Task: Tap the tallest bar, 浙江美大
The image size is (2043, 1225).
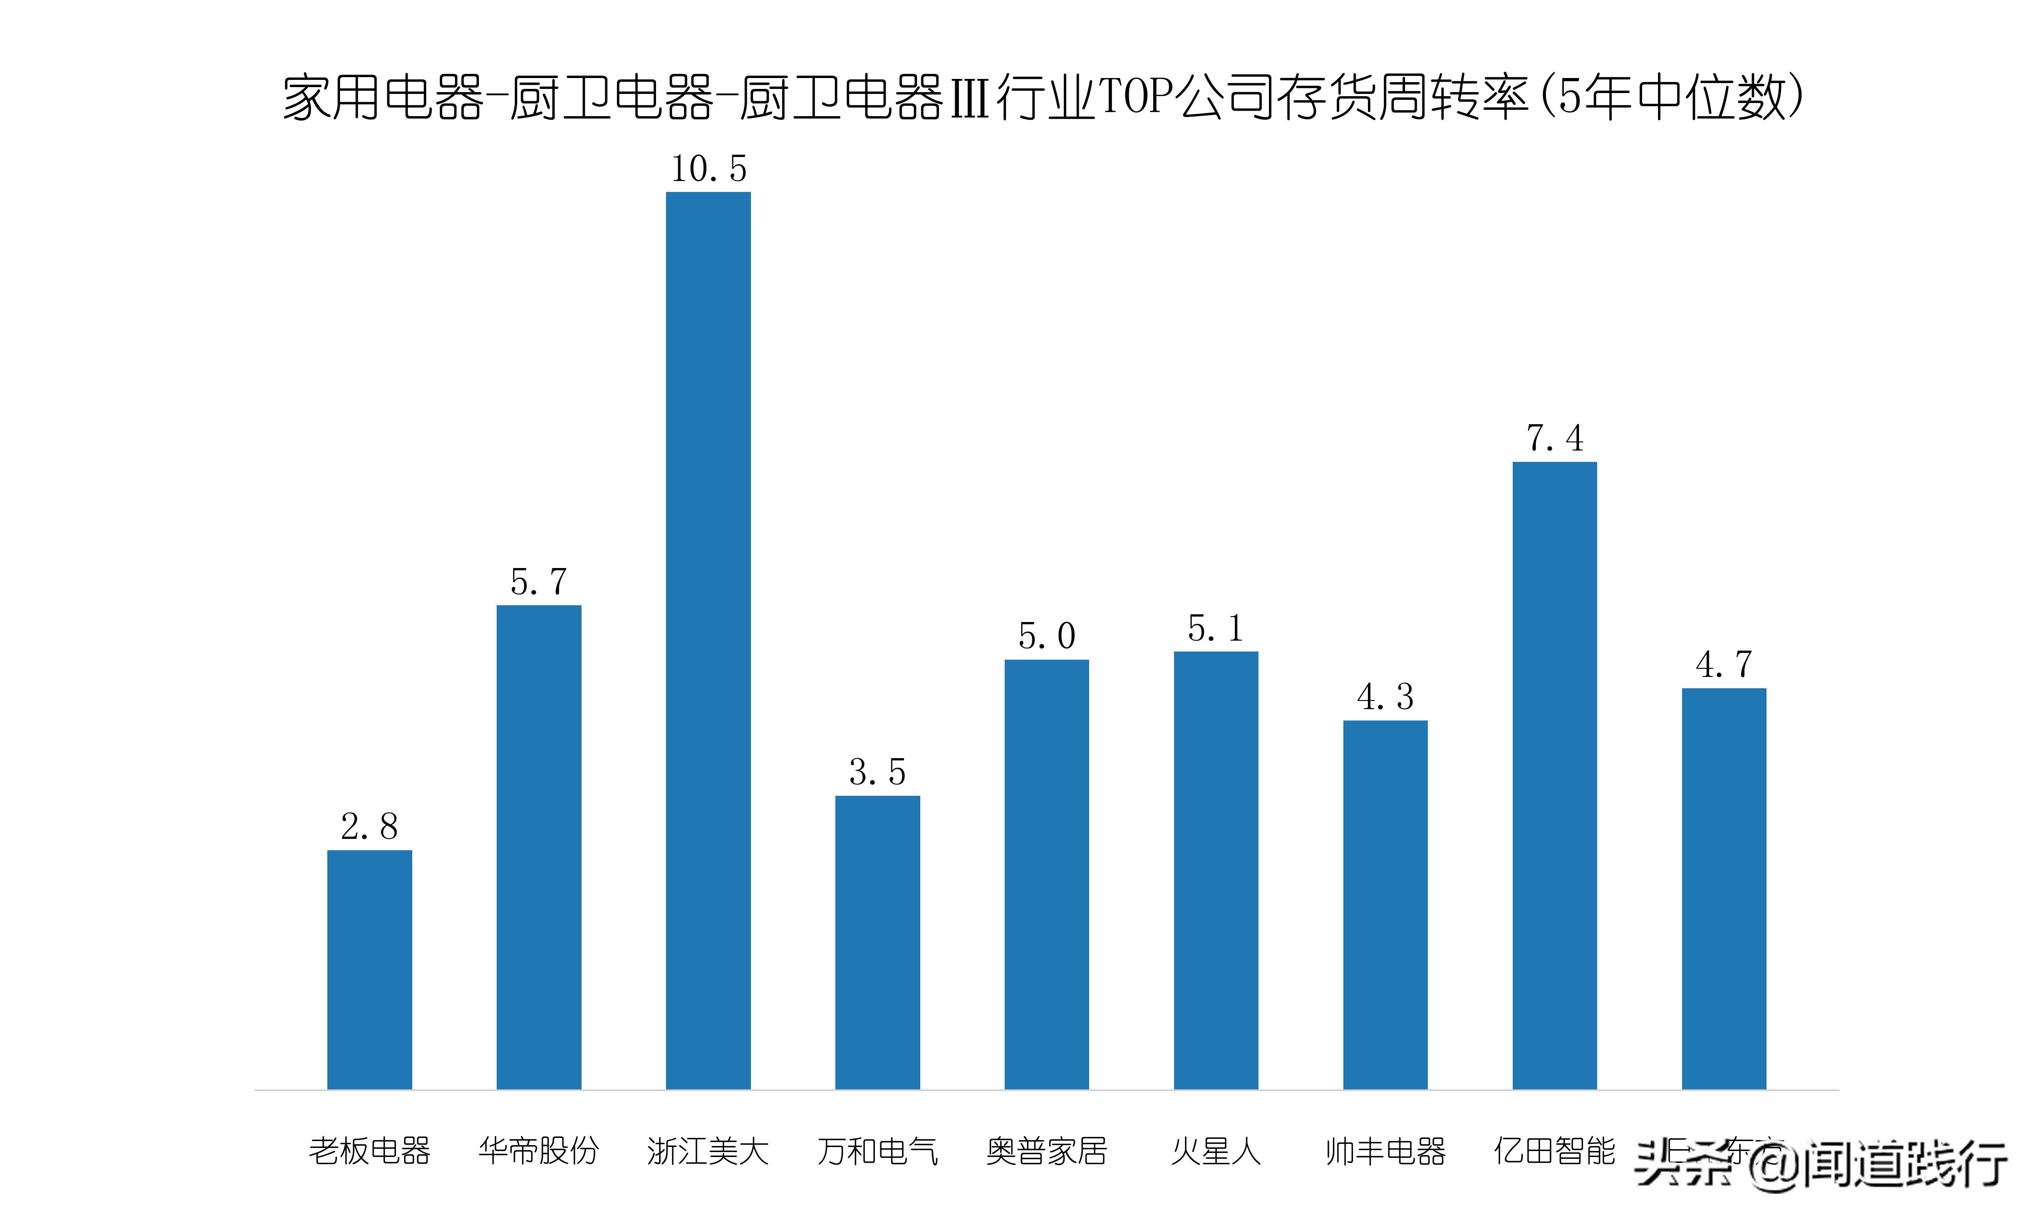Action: click(708, 641)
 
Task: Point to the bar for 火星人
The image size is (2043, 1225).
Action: click(1215, 870)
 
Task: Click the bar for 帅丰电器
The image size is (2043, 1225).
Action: click(1385, 905)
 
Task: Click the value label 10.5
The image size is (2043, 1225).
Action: click(708, 169)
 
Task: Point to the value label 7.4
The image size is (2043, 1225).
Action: click(1554, 438)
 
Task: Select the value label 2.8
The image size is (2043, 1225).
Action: click(369, 826)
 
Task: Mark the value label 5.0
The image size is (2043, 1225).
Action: click(1046, 636)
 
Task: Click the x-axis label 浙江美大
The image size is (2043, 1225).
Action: click(708, 1151)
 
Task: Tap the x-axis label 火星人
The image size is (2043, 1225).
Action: click(1215, 1151)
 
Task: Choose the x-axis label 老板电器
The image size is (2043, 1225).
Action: click(369, 1151)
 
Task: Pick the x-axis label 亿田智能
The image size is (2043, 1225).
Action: click(1554, 1151)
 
